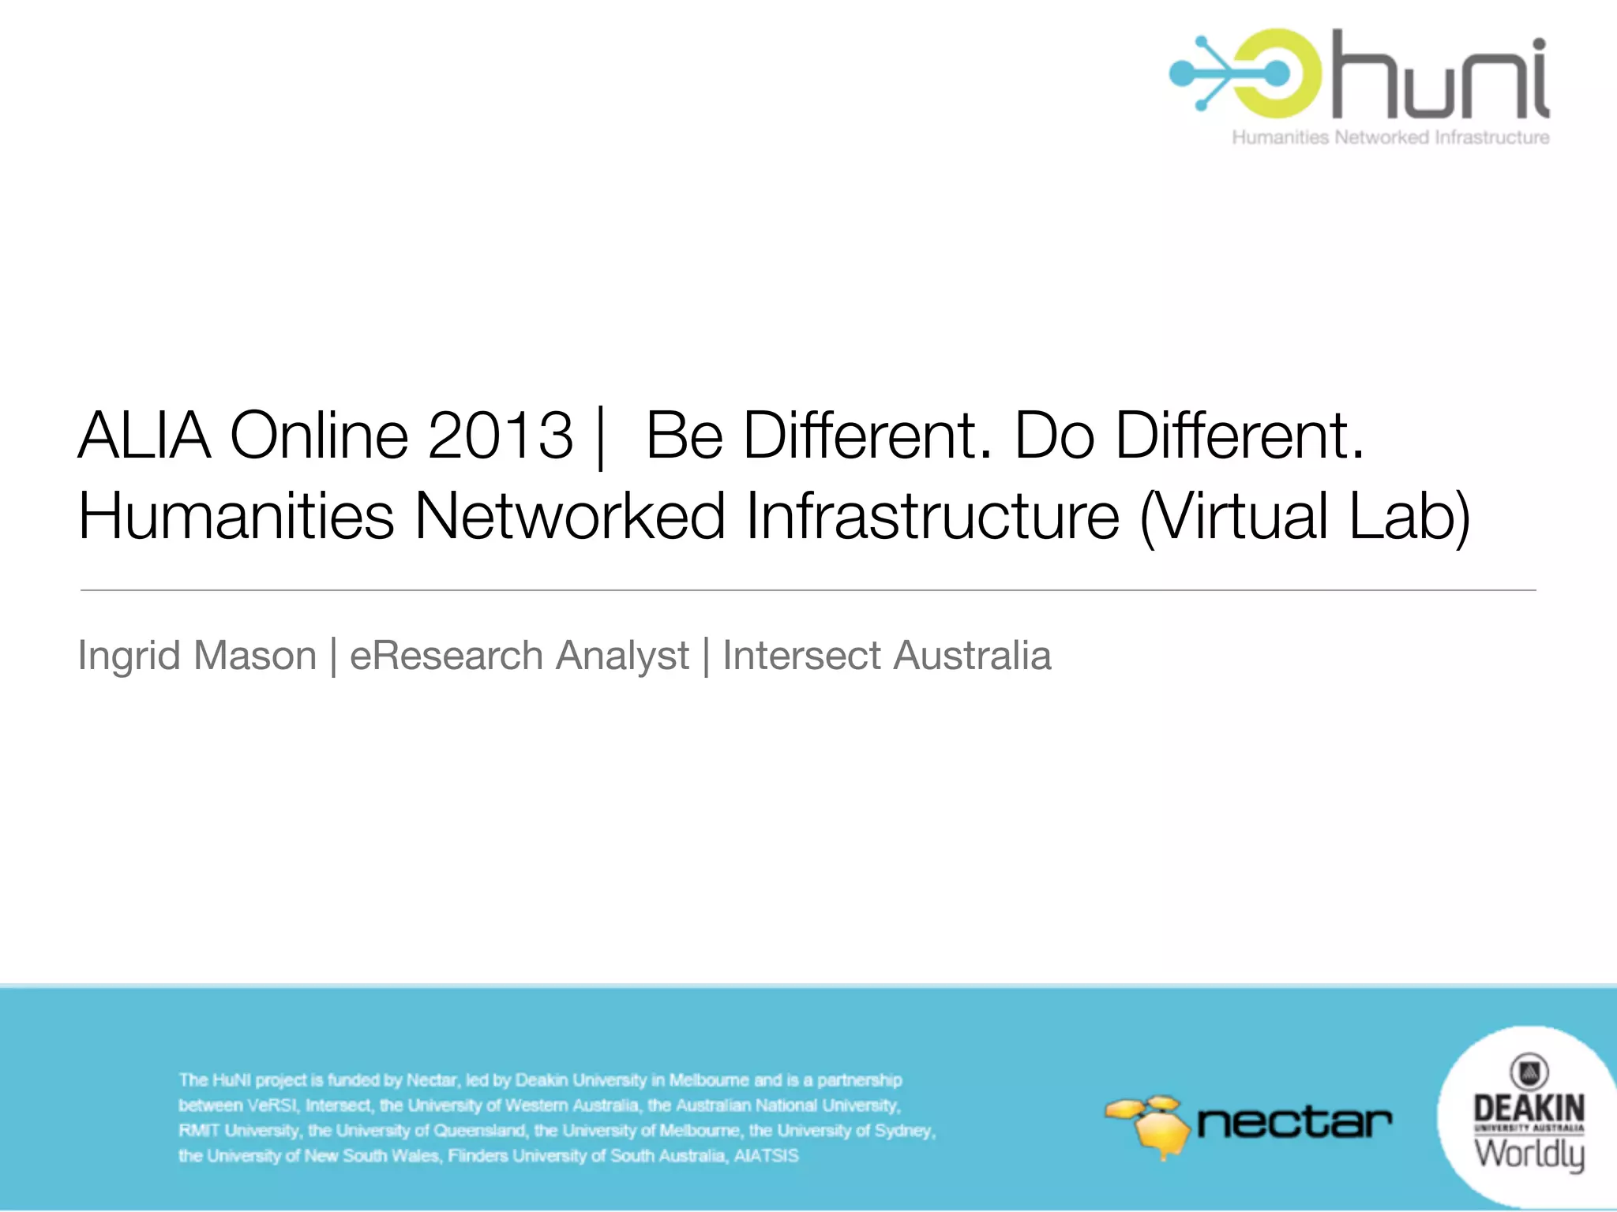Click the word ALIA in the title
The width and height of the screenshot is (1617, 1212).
(x=144, y=436)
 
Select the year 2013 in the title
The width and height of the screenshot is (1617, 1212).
(x=500, y=436)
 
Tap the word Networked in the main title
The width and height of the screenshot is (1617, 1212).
(x=569, y=517)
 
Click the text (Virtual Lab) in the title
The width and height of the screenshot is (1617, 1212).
(x=1305, y=517)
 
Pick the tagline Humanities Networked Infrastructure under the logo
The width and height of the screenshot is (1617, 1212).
(x=1390, y=137)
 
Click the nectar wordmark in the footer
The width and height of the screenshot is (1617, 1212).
(x=1295, y=1123)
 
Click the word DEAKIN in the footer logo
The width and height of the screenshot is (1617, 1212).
(x=1529, y=1108)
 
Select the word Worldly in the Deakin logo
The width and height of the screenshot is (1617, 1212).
(x=1529, y=1154)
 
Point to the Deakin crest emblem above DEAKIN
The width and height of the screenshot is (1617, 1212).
(x=1529, y=1072)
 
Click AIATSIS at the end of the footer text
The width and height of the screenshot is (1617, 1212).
(x=766, y=1156)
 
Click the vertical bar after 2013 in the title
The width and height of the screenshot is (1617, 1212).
(x=602, y=438)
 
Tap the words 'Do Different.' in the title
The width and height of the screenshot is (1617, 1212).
(x=1189, y=436)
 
